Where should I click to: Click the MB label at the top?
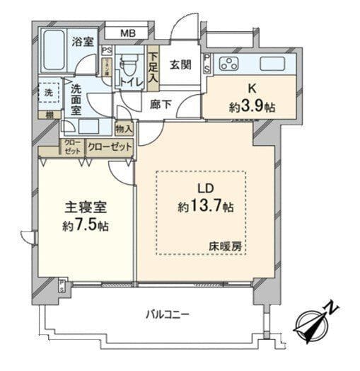(128, 32)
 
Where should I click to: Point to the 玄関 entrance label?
(178, 65)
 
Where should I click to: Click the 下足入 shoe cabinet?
(153, 65)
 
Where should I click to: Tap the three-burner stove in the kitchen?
(231, 64)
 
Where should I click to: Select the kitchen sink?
(272, 64)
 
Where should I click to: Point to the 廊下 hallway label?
(160, 103)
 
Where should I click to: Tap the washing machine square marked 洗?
(47, 92)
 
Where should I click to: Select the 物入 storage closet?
(124, 129)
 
